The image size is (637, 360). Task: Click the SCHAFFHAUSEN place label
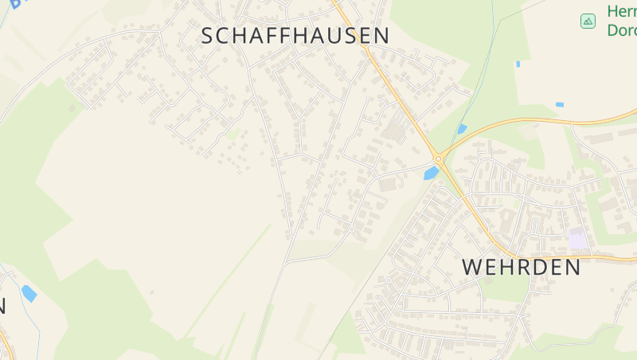(x=295, y=36)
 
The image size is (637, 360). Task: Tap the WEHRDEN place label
(x=522, y=267)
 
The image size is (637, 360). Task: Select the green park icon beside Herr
(x=588, y=21)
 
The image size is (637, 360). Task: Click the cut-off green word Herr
(x=621, y=11)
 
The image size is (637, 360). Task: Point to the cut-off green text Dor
(x=621, y=30)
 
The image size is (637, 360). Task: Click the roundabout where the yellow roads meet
(x=438, y=158)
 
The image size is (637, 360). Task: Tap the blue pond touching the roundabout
(x=431, y=173)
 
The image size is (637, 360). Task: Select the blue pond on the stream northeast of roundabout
(x=462, y=128)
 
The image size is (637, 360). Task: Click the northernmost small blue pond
(x=518, y=64)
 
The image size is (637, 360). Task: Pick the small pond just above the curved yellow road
(x=559, y=104)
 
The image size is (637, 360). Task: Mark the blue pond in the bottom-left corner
(x=29, y=293)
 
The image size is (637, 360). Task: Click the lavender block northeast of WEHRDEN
(x=577, y=237)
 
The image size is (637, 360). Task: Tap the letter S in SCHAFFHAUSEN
(x=209, y=36)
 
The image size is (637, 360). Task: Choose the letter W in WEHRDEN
(x=473, y=267)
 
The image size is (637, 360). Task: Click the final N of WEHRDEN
(x=572, y=267)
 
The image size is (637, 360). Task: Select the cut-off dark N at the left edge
(x=2, y=305)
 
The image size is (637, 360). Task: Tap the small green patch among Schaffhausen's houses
(x=232, y=135)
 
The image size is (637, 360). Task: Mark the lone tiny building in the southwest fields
(x=151, y=292)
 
